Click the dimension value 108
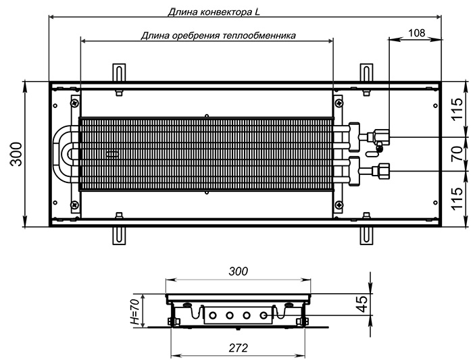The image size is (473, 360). pos(416,32)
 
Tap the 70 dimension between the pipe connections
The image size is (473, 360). pos(457,153)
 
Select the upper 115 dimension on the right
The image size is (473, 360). pos(457,109)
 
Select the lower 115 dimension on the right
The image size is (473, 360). pos(457,199)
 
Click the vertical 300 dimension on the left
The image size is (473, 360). pos(16,154)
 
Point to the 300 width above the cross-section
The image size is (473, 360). pos(238,272)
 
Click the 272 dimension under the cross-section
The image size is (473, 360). pos(238,348)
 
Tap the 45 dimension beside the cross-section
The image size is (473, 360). pos(362,304)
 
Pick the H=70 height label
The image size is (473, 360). pos(135,311)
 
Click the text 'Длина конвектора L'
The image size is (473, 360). pos(214,12)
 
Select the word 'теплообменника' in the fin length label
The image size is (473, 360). pos(259,36)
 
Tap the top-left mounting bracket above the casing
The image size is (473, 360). pos(119,73)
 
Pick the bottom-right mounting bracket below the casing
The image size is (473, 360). pos(366,236)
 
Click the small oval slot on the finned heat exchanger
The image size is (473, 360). pos(113,155)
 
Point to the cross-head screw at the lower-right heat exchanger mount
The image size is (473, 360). pos(339,205)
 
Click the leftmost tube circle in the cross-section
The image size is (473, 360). pos(213,315)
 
